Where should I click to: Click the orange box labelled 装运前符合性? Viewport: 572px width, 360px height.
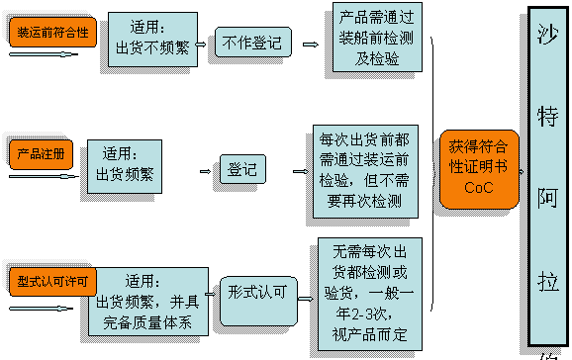point(51,32)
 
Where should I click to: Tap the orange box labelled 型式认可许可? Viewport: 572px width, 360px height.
point(52,281)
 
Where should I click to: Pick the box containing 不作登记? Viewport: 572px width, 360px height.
point(252,43)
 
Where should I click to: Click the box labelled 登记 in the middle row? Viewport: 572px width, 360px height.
point(242,169)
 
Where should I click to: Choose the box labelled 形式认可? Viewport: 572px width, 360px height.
point(258,293)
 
